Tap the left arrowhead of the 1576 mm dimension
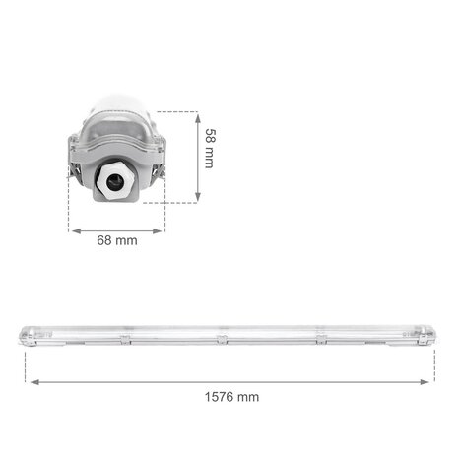(x=30, y=382)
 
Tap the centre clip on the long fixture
(x=223, y=340)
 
